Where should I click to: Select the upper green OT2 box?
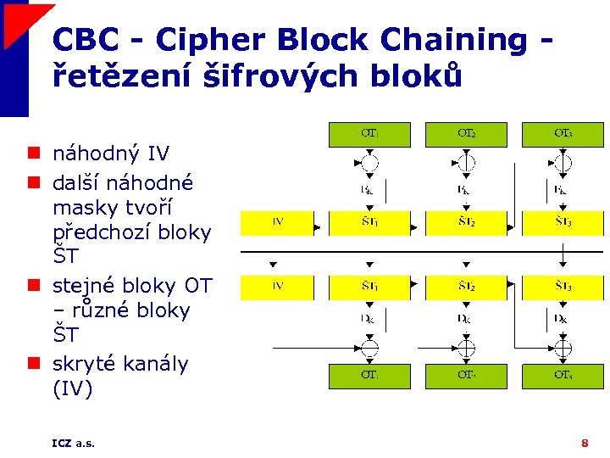(466, 135)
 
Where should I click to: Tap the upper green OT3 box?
(563, 135)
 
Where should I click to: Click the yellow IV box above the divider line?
(278, 223)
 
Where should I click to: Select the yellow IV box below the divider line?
(278, 288)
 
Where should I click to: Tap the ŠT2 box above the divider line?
(466, 223)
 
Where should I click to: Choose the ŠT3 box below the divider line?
(563, 288)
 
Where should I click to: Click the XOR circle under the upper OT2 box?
(466, 164)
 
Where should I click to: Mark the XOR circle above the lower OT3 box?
(563, 347)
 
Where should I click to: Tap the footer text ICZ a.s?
(73, 443)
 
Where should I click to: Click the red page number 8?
(585, 443)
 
